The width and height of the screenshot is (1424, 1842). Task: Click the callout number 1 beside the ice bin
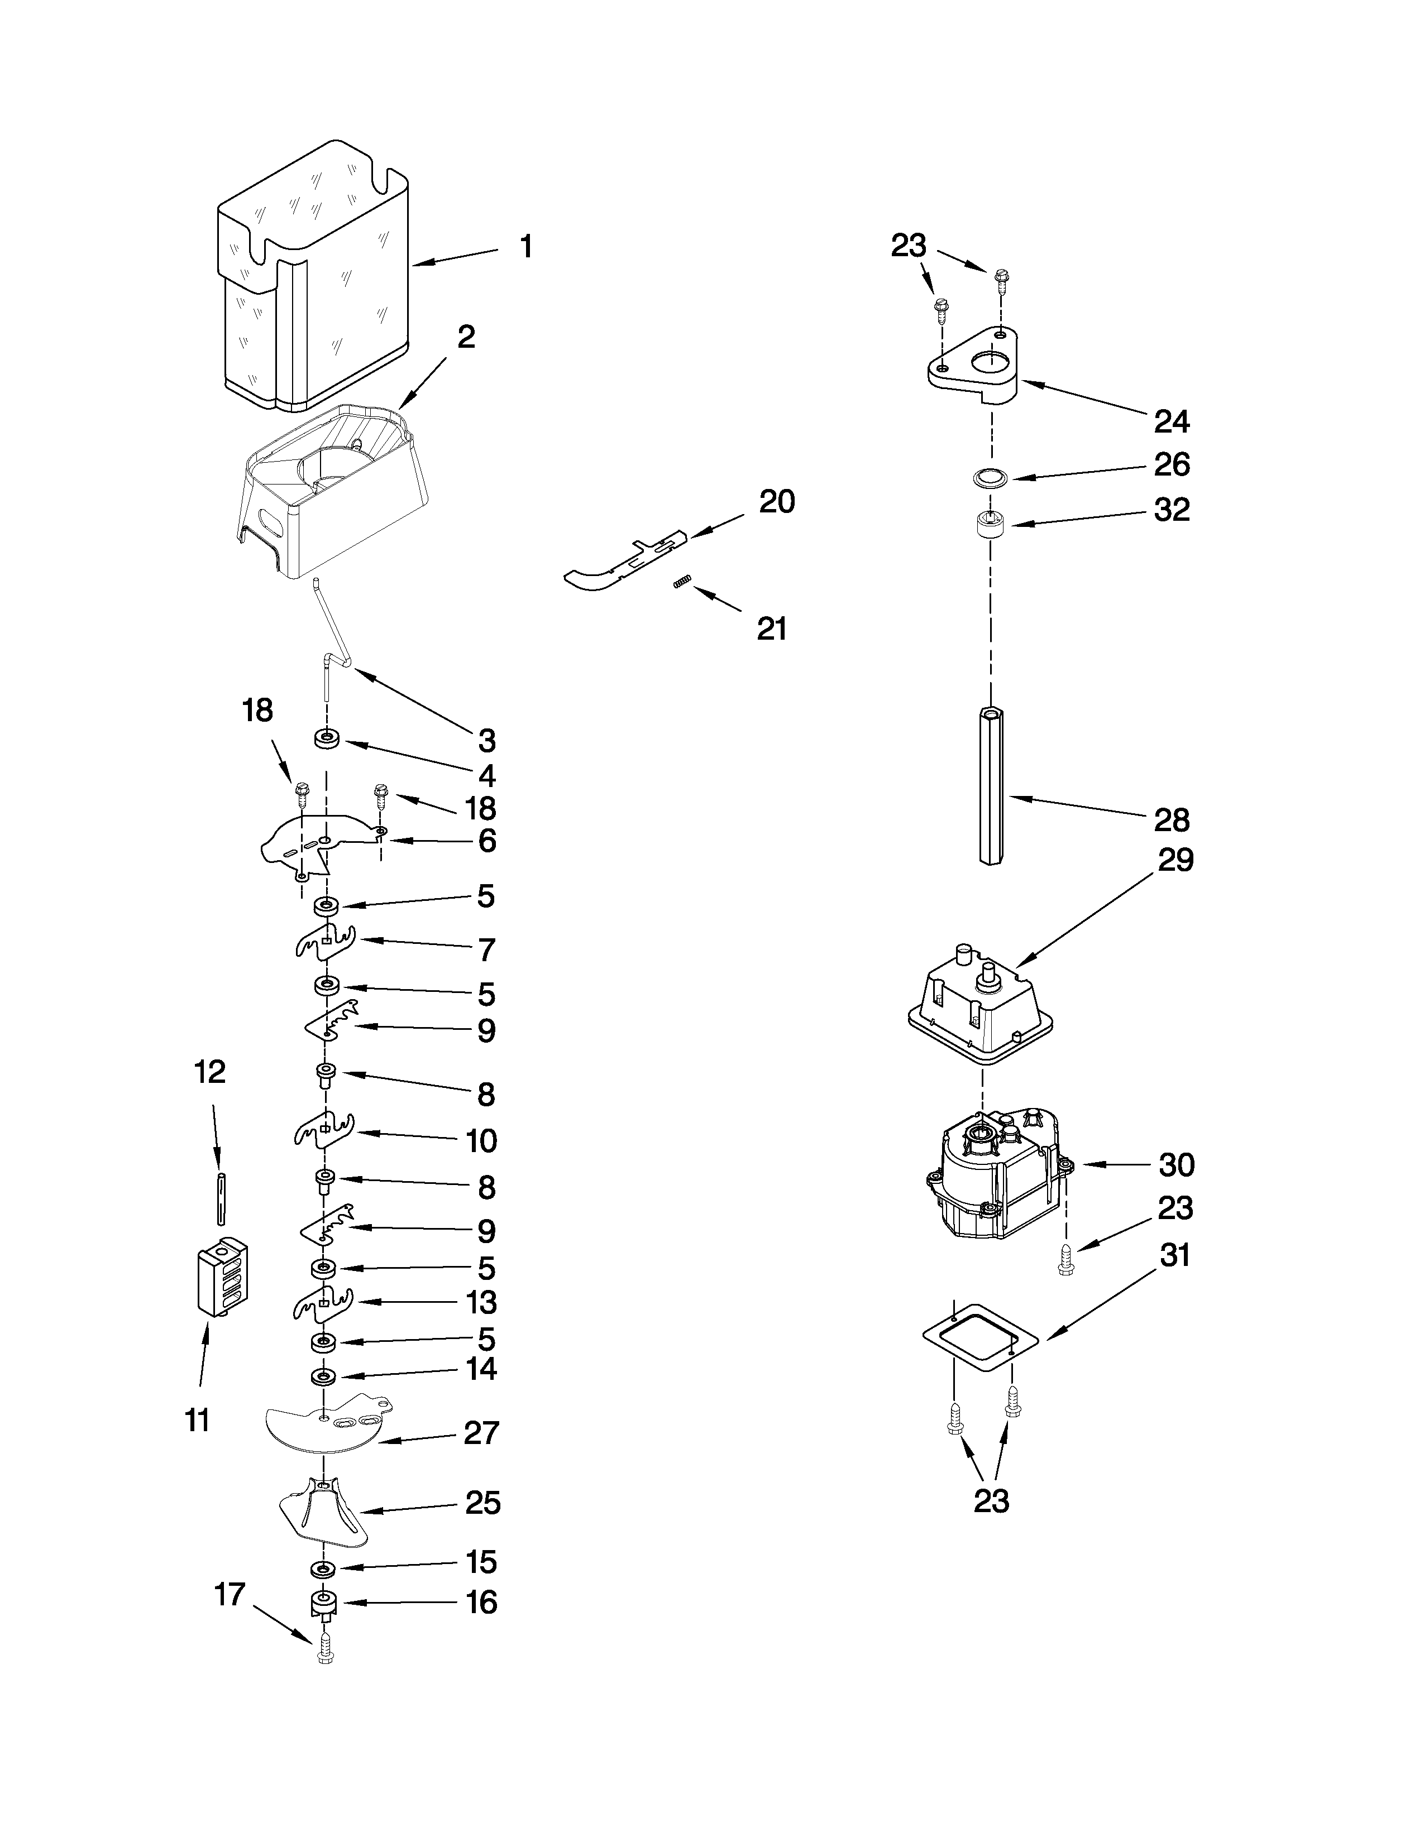point(525,247)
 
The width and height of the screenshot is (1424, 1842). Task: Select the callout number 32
point(1172,510)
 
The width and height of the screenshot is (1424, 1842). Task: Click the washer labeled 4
point(327,741)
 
